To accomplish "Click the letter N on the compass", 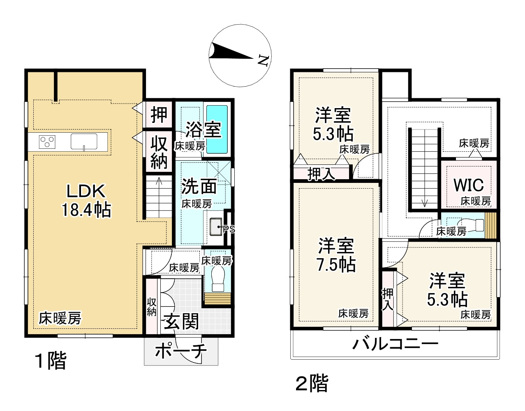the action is pyautogui.click(x=264, y=60).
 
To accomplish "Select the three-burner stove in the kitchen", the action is pyautogui.click(x=47, y=141).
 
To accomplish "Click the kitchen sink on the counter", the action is pyautogui.click(x=84, y=141).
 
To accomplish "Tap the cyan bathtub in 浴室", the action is pyautogui.click(x=217, y=129).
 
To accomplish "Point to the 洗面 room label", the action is pyautogui.click(x=199, y=186).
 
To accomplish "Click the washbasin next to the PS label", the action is pyautogui.click(x=216, y=227).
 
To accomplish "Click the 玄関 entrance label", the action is pyautogui.click(x=181, y=321).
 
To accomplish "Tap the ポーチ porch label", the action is pyautogui.click(x=181, y=351).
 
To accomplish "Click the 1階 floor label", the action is pyautogui.click(x=51, y=360).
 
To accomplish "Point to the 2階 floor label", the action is pyautogui.click(x=312, y=383).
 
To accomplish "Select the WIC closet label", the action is pyautogui.click(x=469, y=185).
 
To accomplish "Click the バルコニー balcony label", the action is pyautogui.click(x=395, y=344).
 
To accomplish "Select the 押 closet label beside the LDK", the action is pyautogui.click(x=159, y=115).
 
